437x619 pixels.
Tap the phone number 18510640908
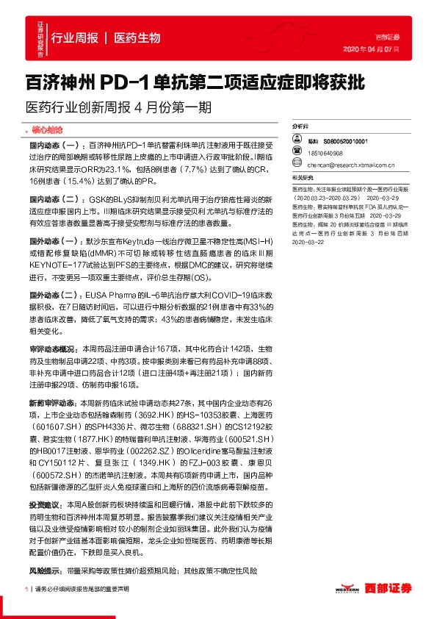coord(325,154)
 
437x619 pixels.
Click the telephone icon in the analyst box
coord(298,154)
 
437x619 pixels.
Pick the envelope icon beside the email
coord(298,166)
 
